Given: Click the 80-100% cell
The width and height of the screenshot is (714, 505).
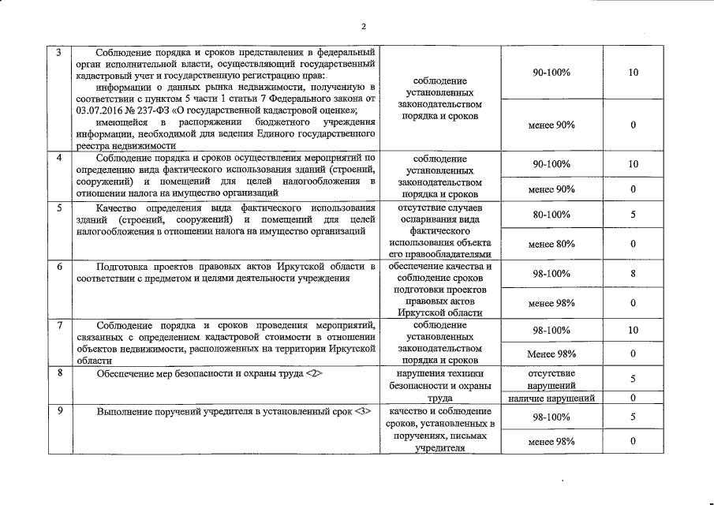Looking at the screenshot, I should click(551, 215).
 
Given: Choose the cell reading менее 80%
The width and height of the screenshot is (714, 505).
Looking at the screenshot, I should click(551, 244).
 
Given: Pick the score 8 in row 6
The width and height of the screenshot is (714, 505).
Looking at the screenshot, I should click(633, 273).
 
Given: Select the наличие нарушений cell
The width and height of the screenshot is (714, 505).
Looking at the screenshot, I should click(551, 398).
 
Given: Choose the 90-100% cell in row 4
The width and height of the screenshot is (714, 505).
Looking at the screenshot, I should click(551, 164).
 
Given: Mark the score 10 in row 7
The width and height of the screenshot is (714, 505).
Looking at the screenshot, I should click(633, 331).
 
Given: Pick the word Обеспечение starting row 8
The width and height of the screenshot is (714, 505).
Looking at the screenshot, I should click(126, 372).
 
